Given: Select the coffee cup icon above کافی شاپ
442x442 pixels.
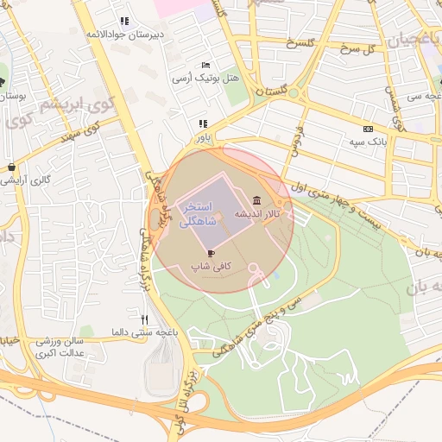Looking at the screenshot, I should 212,253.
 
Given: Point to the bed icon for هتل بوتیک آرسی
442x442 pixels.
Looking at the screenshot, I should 205,65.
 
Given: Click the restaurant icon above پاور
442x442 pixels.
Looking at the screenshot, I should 203,124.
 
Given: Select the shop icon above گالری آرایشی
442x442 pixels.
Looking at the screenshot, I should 11,167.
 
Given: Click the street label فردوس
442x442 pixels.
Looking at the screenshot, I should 295,137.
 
